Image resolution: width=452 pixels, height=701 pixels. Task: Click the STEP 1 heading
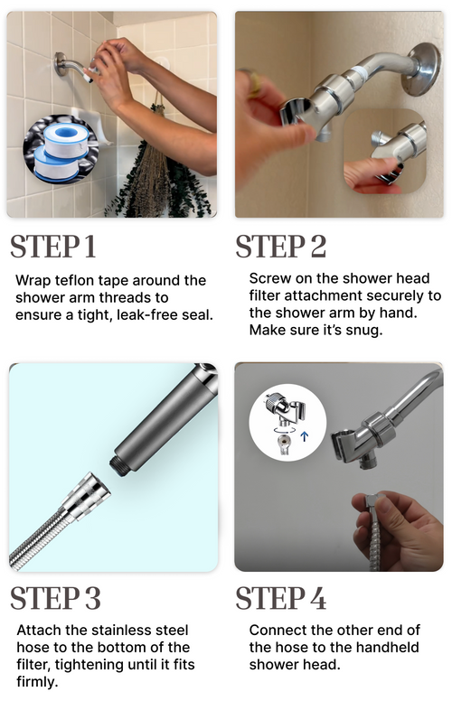click(x=53, y=247)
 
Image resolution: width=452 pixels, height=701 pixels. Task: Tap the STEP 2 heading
click(x=281, y=247)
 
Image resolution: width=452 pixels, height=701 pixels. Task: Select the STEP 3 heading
click(x=55, y=598)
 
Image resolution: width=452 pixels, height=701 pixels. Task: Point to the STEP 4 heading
click(x=281, y=598)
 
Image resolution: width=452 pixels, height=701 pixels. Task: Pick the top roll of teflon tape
click(x=67, y=139)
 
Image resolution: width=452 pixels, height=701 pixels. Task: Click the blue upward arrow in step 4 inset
click(x=305, y=436)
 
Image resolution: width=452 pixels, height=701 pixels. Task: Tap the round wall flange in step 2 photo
click(x=420, y=69)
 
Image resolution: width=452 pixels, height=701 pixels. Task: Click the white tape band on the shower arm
click(x=359, y=72)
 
